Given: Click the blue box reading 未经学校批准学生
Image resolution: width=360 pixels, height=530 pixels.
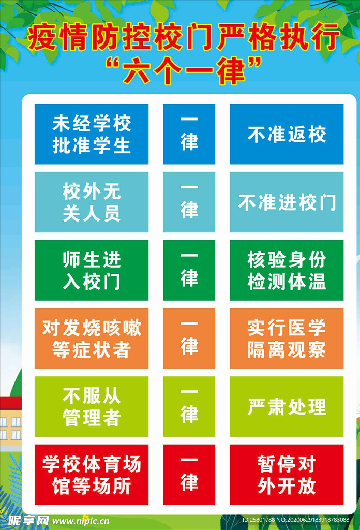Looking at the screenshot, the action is tap(92, 134).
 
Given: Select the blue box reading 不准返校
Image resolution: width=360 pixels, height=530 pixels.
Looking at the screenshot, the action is tap(287, 134).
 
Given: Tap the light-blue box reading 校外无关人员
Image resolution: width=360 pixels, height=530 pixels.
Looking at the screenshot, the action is tap(92, 202).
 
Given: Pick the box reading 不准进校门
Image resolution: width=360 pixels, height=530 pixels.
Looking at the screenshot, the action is tap(287, 202).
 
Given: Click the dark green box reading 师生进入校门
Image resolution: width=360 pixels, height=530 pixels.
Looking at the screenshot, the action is tap(92, 270).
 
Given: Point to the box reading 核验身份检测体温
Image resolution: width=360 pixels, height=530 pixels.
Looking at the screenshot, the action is tap(287, 270).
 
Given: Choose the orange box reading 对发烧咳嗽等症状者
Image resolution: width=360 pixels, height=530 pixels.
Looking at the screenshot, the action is tap(92, 338).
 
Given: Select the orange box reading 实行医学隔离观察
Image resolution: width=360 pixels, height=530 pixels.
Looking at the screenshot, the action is tap(287, 338).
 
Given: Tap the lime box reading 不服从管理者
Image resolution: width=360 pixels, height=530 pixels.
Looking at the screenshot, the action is tap(92, 407).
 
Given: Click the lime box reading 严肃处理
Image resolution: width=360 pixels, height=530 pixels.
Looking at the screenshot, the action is tap(287, 407).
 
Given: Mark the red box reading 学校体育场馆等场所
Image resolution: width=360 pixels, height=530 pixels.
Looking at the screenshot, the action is tap(92, 475).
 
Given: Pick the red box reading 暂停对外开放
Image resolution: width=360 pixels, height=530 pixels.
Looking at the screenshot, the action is tap(287, 475).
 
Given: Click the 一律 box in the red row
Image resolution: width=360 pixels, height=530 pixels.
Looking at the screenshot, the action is tap(189, 475).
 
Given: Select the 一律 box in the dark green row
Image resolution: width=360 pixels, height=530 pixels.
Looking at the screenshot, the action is tap(189, 270).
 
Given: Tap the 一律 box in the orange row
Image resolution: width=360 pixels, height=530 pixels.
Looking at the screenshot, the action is tap(189, 338).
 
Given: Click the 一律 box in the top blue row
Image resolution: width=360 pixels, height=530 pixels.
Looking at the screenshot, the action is tap(189, 134).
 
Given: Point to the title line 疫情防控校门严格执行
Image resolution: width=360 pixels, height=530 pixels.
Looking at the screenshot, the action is tap(184, 37).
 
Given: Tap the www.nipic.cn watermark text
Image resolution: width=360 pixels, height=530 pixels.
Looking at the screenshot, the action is tap(81, 521).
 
